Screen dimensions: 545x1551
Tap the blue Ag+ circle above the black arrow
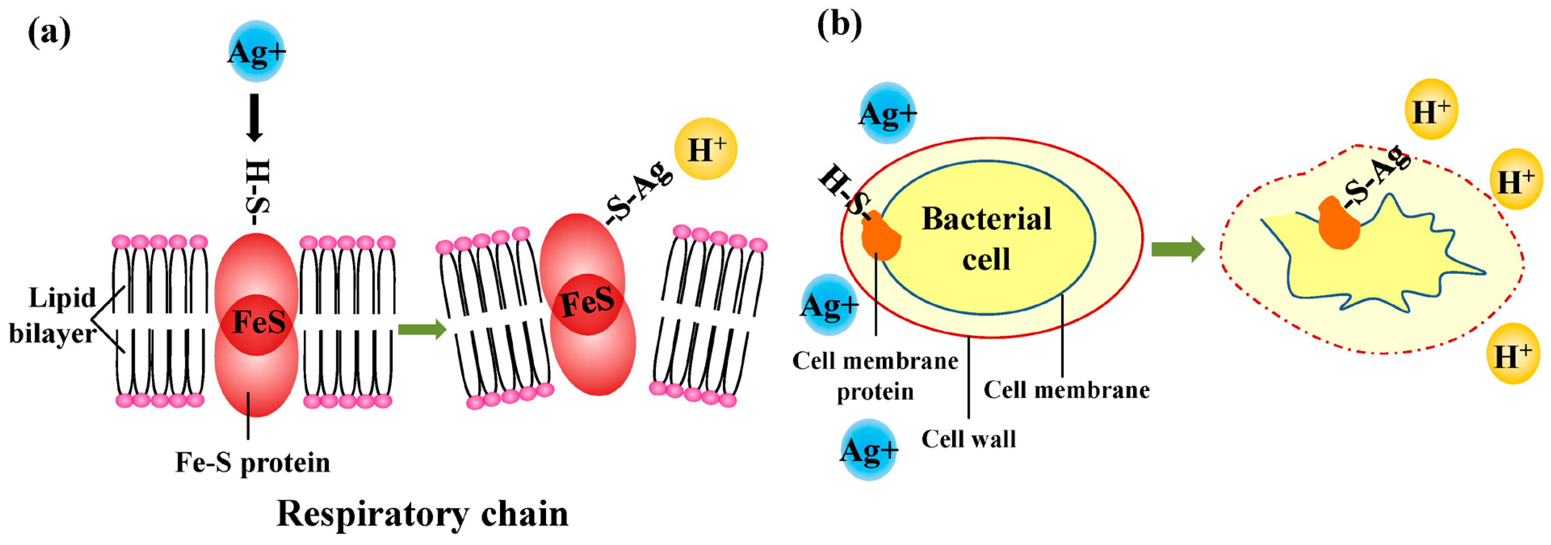[x=257, y=52]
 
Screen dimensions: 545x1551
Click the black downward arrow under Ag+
[x=255, y=118]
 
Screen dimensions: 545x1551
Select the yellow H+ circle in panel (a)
[x=706, y=149]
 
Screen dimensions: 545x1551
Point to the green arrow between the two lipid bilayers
[x=422, y=330]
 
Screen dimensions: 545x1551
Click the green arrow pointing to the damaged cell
[x=1177, y=249]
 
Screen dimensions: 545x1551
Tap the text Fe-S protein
[x=252, y=463]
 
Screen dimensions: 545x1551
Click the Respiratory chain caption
[x=422, y=514]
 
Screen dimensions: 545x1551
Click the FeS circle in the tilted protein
[x=587, y=303]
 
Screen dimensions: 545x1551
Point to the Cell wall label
[x=968, y=439]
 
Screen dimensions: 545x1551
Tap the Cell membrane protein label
[x=875, y=376]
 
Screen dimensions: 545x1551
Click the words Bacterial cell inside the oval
[x=986, y=238]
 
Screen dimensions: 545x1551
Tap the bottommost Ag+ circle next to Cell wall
[x=869, y=450]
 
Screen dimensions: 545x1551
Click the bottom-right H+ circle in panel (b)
[x=1513, y=354]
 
